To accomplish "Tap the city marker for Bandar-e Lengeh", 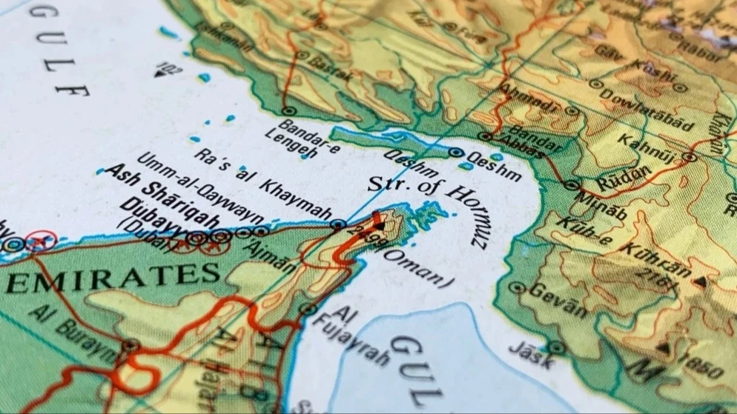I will (288, 111).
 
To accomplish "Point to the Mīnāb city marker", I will (570, 185).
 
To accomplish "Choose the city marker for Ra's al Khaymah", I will (338, 224).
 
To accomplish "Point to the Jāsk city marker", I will (556, 347).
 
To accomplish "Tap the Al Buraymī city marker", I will (130, 345).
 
